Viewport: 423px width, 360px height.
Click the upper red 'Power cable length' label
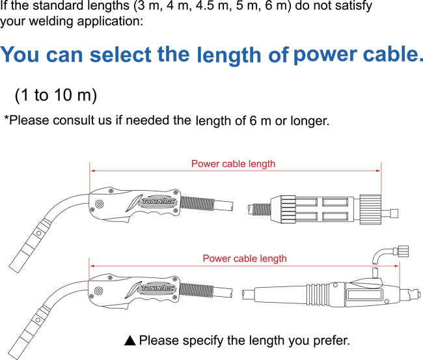click(233, 163)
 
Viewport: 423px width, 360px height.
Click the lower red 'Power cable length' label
click(244, 258)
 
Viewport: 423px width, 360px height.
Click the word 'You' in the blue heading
click(21, 55)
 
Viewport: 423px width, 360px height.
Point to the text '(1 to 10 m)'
click(55, 95)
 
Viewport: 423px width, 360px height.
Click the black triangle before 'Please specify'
click(130, 340)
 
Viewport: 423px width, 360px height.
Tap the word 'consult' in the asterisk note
click(94, 120)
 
